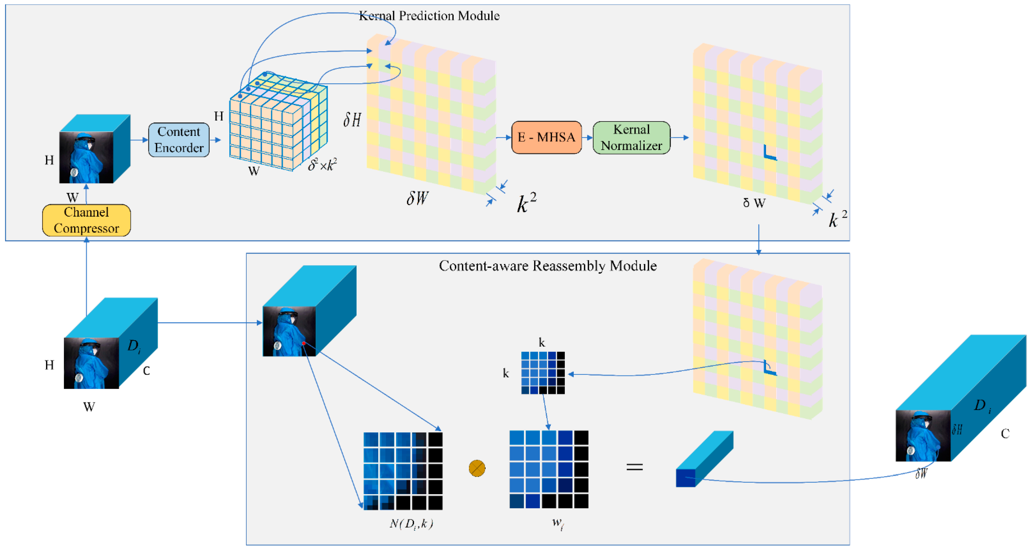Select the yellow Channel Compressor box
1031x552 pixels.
click(x=86, y=220)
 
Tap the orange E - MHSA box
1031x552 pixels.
click(x=546, y=137)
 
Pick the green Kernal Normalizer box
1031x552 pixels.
click(x=631, y=137)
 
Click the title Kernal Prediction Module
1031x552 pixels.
click(x=429, y=16)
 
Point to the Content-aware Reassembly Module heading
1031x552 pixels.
click(x=548, y=265)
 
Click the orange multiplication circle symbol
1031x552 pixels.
click(x=477, y=468)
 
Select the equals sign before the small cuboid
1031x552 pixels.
click(x=634, y=467)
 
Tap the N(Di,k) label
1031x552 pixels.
click(x=411, y=523)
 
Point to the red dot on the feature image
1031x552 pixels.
click(x=304, y=343)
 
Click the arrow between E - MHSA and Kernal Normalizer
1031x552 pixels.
click(x=587, y=137)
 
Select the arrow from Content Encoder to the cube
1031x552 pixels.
click(x=216, y=140)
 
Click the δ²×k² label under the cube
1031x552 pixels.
click(x=322, y=164)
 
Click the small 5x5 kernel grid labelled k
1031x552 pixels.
click(x=543, y=373)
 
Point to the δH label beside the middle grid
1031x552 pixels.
click(x=352, y=119)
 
